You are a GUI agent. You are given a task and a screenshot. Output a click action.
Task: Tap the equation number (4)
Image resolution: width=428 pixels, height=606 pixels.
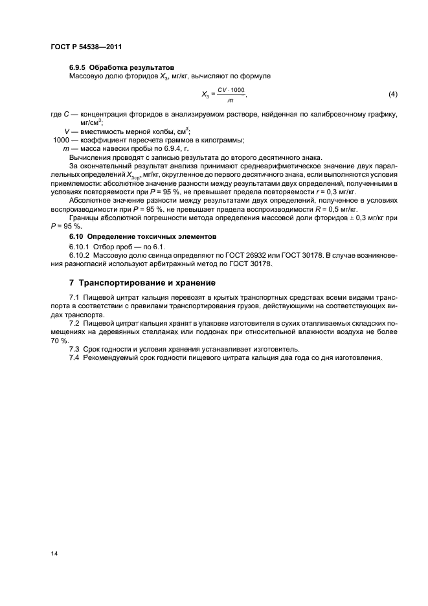point(392,95)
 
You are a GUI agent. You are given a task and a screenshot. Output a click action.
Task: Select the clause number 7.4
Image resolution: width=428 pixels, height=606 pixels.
point(74,357)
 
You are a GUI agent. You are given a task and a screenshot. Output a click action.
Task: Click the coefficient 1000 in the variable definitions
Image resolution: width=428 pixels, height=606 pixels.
point(61,140)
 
